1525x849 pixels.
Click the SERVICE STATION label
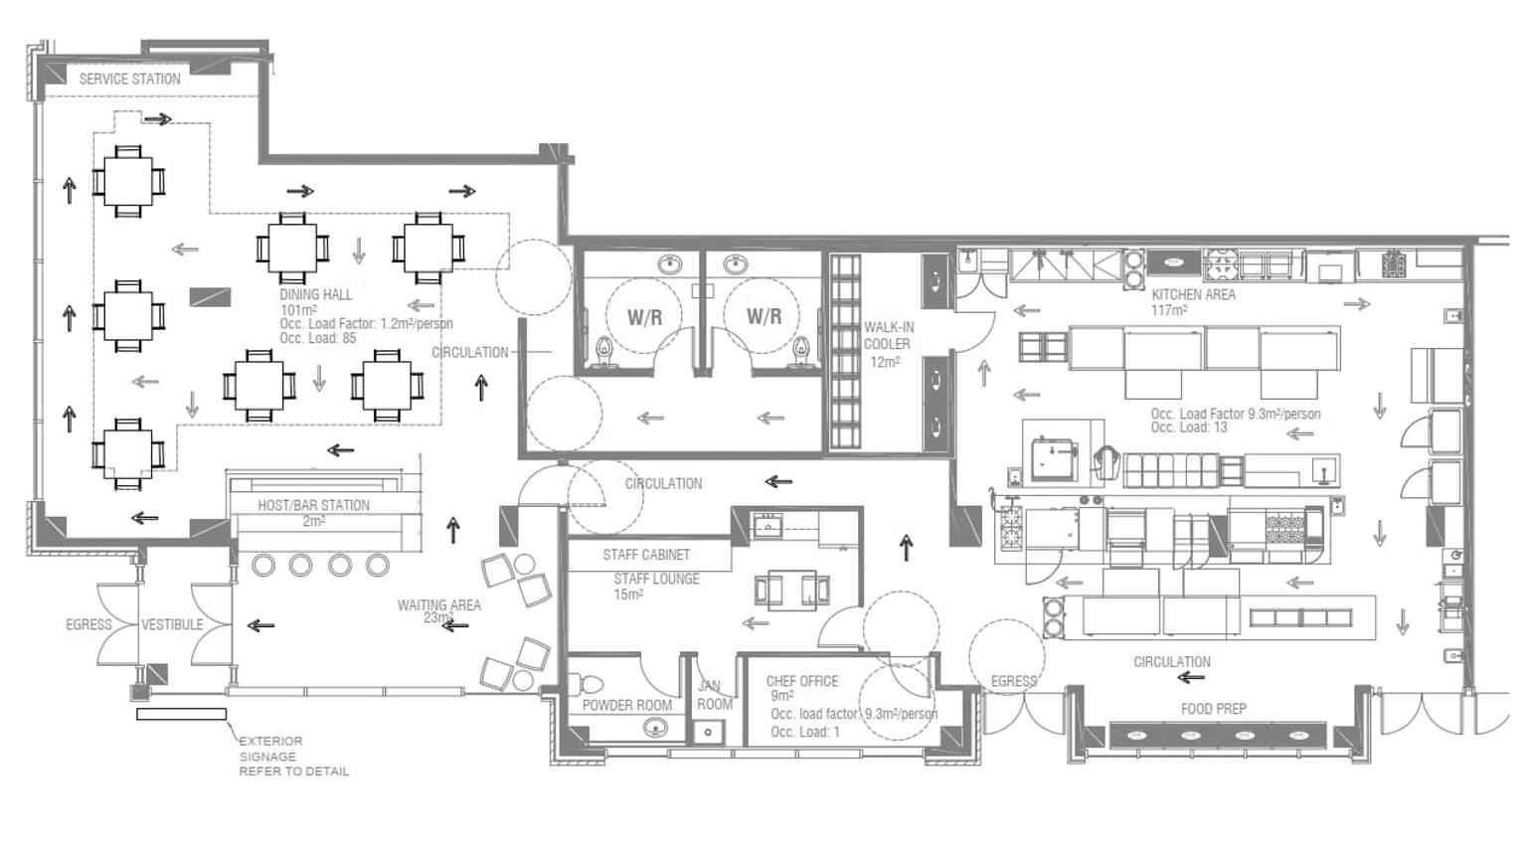(x=130, y=79)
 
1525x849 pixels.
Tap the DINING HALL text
(x=316, y=295)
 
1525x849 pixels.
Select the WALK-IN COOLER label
(x=889, y=336)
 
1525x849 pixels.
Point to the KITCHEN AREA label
(x=1193, y=295)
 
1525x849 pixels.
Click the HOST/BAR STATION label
(x=314, y=505)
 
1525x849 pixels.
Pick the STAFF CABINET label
(x=646, y=555)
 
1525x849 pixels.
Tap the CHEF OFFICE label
(x=802, y=681)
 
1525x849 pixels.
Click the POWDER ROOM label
(x=627, y=705)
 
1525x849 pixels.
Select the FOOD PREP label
(x=1213, y=709)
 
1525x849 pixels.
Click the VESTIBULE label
(x=172, y=624)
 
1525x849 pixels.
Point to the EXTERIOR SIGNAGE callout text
(x=293, y=756)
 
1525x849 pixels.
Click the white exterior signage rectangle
(x=181, y=714)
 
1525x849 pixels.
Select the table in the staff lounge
(x=792, y=589)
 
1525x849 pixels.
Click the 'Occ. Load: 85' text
(x=318, y=338)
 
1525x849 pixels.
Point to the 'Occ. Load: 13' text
(x=1189, y=427)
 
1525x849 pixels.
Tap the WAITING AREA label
(x=439, y=604)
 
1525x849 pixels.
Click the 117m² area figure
(x=1170, y=310)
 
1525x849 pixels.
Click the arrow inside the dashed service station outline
(x=157, y=120)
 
